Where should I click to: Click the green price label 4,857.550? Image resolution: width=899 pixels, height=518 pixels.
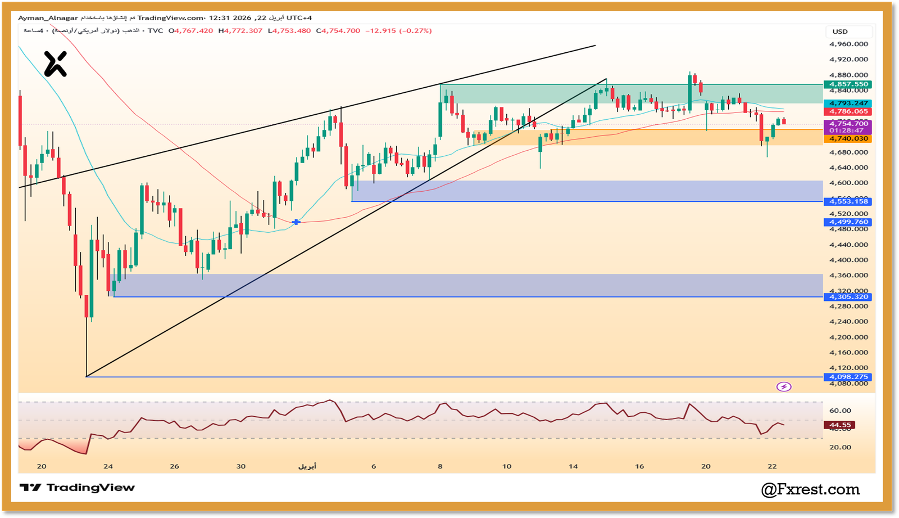point(848,84)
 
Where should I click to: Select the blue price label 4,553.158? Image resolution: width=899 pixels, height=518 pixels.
point(848,201)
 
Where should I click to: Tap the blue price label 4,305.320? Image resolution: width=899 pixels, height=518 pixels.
point(848,297)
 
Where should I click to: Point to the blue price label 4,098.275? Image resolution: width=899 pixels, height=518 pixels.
point(848,377)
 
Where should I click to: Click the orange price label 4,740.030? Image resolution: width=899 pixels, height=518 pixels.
point(848,138)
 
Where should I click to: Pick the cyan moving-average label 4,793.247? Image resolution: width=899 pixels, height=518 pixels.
point(848,103)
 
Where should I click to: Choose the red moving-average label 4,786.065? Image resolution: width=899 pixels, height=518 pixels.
point(848,111)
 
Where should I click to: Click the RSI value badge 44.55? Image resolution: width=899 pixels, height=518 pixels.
point(840,425)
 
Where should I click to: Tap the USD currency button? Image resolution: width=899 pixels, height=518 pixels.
point(840,31)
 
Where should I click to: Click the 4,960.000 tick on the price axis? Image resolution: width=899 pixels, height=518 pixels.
point(848,44)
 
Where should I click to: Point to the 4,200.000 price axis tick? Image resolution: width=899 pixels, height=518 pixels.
point(848,337)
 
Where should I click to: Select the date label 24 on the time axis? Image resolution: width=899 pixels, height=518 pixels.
point(108,466)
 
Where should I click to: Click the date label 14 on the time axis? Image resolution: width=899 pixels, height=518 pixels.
point(573,466)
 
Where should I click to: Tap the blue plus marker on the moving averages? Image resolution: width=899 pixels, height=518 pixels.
point(296,223)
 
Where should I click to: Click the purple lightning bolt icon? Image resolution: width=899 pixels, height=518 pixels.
point(784,386)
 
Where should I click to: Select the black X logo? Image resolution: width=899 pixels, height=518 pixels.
point(56,64)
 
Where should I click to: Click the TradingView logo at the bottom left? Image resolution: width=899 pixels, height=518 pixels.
point(77,488)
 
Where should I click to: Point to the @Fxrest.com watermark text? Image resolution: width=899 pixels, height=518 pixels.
point(810,490)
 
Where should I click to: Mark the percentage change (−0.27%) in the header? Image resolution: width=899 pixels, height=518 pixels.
point(415,31)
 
